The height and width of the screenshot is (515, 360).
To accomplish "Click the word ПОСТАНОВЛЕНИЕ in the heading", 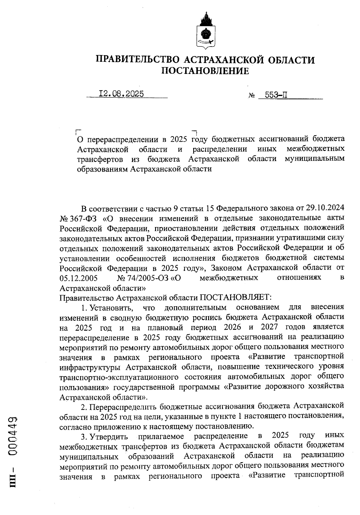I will point(205,71).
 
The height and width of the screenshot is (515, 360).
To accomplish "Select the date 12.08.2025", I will point(121,94).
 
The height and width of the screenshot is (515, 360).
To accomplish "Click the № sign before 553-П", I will point(251,96).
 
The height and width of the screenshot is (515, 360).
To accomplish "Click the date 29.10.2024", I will point(325,208).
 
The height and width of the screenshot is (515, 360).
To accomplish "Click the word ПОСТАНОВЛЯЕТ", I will point(236,298).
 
